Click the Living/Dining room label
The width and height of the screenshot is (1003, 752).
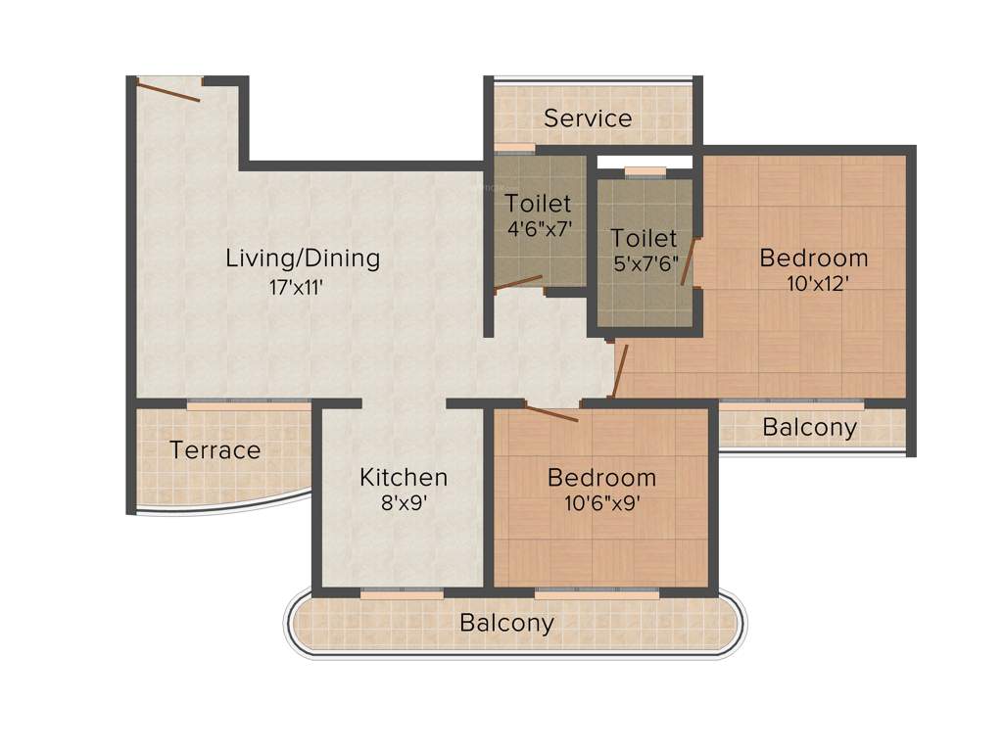point(303,258)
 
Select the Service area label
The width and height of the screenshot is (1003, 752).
point(588,118)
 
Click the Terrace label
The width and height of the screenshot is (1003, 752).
point(215,450)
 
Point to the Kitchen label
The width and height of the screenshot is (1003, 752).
point(404,478)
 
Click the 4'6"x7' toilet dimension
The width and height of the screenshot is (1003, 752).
point(538,230)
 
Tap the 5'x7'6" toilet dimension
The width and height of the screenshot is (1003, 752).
point(644,264)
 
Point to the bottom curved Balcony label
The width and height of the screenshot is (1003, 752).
point(506,623)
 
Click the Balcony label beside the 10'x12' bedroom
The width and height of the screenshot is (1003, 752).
point(809,428)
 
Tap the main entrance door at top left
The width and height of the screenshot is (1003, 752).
point(168,91)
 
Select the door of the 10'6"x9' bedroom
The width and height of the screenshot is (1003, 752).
point(550,413)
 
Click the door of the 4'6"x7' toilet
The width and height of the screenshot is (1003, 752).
point(518,283)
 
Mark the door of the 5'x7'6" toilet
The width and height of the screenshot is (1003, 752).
point(689,261)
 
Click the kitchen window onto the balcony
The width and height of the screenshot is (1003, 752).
point(402,592)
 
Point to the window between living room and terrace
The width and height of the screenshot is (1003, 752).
point(249,401)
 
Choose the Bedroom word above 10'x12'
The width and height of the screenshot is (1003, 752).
point(813,258)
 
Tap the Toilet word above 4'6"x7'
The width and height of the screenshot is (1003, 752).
point(538,204)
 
